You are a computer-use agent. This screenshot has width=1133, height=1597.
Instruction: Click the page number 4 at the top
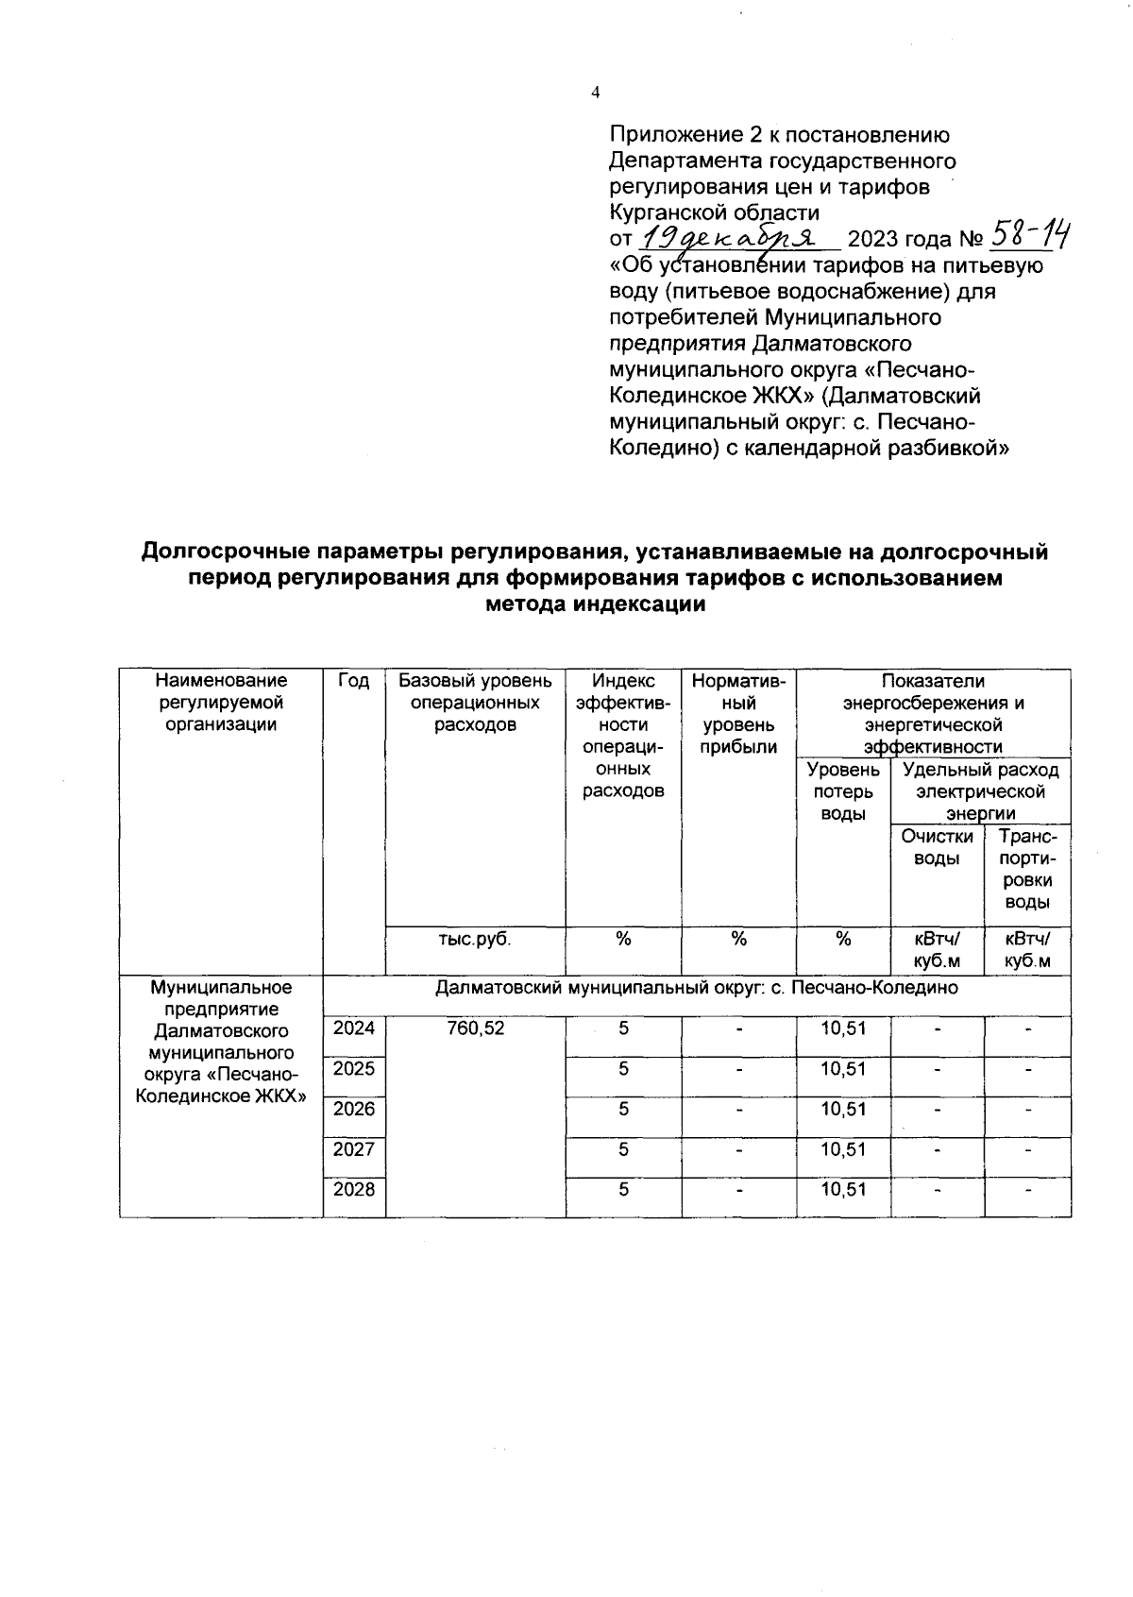594,92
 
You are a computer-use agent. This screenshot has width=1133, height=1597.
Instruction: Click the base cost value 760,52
476,1028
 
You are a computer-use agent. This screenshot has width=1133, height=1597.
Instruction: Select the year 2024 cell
354,1028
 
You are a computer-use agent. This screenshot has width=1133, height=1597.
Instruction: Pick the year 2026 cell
354,1109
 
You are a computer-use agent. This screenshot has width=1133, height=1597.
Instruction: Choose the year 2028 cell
354,1190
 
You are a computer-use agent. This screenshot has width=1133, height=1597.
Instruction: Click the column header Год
353,681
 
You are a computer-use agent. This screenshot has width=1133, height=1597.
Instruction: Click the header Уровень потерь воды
843,791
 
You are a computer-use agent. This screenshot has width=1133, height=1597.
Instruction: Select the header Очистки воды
937,847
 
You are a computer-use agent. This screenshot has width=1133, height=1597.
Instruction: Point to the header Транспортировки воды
1027,869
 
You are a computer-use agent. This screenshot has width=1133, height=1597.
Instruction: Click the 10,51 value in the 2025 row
843,1069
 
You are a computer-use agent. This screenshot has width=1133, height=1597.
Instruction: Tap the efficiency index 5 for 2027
623,1149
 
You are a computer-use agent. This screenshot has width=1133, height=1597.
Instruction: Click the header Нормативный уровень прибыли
738,714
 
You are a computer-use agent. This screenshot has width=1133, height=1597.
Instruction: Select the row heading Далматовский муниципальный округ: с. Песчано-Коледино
696,988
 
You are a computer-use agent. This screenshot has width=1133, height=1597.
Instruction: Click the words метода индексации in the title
595,605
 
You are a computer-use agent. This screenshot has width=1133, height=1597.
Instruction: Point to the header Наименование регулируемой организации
221,703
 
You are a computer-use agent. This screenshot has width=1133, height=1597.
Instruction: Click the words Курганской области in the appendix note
714,212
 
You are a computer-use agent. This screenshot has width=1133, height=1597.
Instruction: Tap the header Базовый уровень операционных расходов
475,703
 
